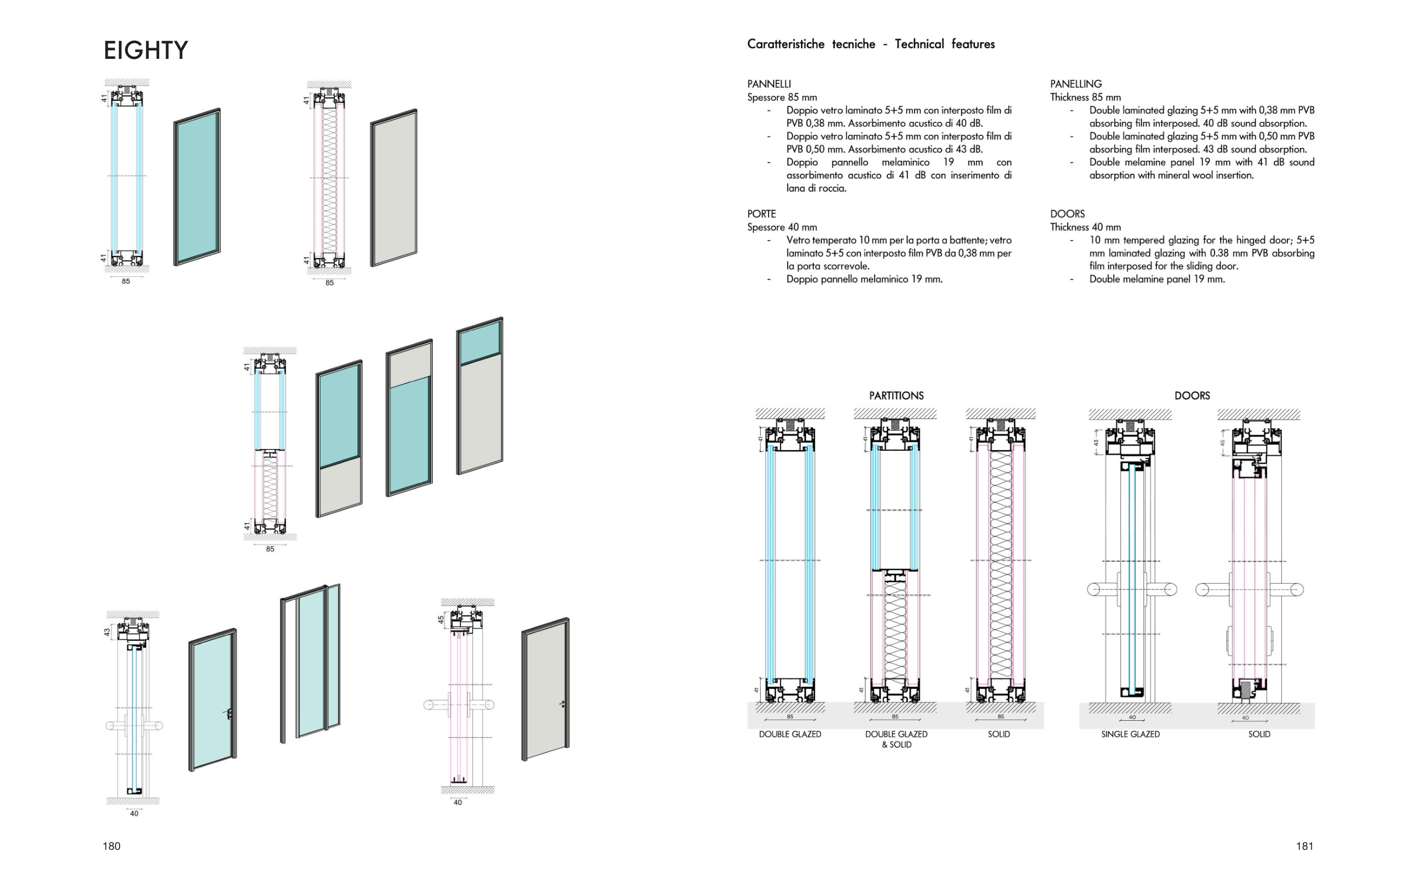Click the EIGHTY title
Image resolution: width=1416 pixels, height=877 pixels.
click(x=146, y=50)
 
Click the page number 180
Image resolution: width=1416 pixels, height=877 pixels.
click(x=112, y=846)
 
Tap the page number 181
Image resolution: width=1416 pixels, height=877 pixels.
click(x=1304, y=846)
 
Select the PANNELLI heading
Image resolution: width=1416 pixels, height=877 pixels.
click(x=769, y=84)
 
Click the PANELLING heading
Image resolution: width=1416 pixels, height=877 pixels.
click(x=1076, y=84)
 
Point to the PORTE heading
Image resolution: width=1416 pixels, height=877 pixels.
click(x=761, y=214)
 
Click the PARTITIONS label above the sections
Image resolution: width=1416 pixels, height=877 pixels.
click(x=895, y=396)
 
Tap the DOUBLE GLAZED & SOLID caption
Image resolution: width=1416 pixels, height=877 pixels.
click(x=895, y=739)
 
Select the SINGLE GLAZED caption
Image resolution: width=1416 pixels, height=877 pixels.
click(x=1130, y=734)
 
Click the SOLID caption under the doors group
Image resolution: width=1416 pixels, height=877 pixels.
click(x=1259, y=734)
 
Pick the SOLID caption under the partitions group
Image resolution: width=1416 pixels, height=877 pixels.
click(x=999, y=734)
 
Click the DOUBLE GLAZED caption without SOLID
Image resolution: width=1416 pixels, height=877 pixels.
click(x=790, y=734)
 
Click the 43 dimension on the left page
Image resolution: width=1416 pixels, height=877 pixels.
click(x=106, y=632)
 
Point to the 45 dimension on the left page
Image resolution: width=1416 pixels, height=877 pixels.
click(x=441, y=620)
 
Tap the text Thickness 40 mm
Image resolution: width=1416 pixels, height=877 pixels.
click(x=1085, y=228)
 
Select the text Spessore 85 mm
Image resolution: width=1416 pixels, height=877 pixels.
click(x=782, y=97)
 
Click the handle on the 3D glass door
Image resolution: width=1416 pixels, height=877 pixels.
click(x=230, y=714)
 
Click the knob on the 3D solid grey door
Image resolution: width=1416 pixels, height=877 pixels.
click(x=562, y=704)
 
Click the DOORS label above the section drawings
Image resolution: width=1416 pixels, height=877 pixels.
click(x=1192, y=396)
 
